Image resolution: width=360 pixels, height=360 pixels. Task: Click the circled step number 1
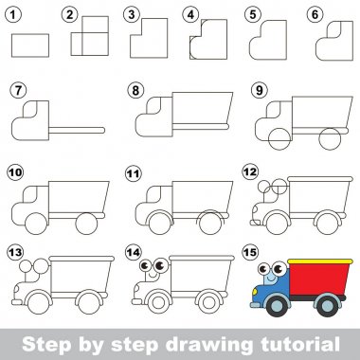tap(13, 15)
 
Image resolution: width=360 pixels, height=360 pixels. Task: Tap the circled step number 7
tap(18, 91)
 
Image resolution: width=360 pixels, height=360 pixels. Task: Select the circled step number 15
tap(250, 252)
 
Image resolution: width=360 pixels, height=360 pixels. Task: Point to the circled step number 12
tap(250, 172)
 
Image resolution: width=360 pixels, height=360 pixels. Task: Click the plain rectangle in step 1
tap(30, 45)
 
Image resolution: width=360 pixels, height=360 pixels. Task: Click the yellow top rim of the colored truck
tap(320, 261)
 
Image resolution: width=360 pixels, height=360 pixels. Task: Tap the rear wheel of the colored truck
tap(328, 305)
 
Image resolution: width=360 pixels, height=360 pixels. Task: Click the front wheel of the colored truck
tap(278, 305)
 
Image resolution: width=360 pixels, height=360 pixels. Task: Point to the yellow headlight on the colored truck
tap(255, 292)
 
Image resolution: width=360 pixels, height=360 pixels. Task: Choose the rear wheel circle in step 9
tap(330, 138)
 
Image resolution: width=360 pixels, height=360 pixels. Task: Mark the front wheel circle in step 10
tap(36, 224)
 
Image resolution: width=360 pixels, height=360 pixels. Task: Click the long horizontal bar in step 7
tap(77, 130)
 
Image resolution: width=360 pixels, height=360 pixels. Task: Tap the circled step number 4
tap(190, 15)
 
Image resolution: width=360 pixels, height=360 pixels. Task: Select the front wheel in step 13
tap(39, 303)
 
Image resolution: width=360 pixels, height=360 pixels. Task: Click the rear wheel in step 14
tap(208, 302)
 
